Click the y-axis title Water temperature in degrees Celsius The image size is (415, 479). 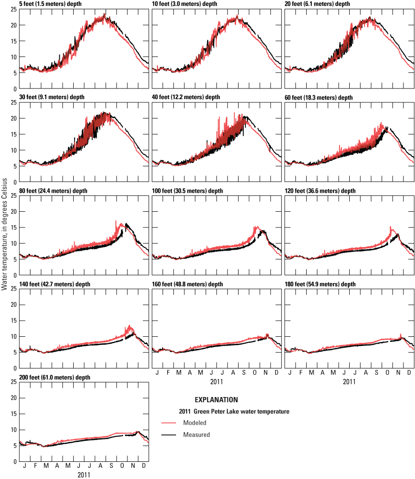pyautogui.click(x=4, y=236)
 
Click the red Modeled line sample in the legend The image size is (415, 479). pyautogui.click(x=170, y=423)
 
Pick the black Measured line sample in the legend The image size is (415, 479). pyautogui.click(x=170, y=435)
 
